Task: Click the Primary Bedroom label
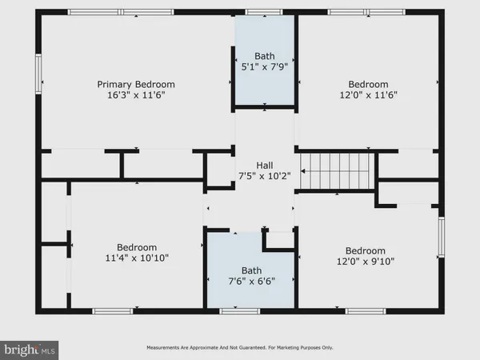[136, 84]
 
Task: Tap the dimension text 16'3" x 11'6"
[136, 94]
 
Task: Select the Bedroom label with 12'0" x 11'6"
[368, 84]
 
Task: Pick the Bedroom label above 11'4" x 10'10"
[137, 247]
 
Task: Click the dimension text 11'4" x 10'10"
[137, 258]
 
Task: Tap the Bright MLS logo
[30, 349]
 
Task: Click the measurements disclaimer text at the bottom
[240, 348]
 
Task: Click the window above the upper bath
[258, 12]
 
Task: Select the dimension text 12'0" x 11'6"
[368, 94]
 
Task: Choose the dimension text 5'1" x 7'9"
[265, 66]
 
